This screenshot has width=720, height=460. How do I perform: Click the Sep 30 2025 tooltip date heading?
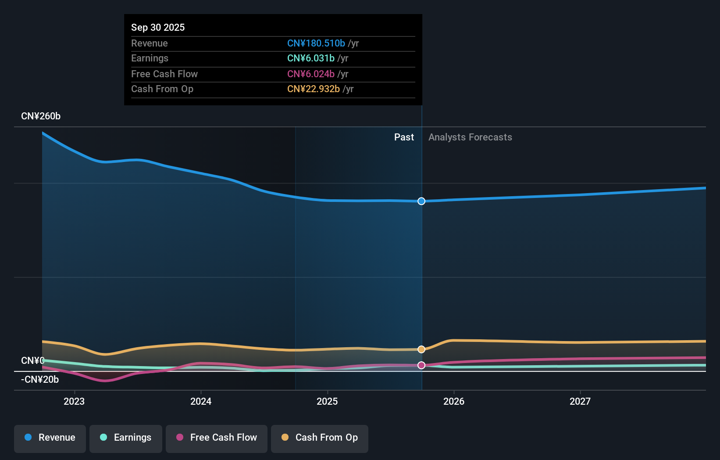click(x=158, y=27)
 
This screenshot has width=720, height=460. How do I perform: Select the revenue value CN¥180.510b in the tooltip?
click(x=316, y=43)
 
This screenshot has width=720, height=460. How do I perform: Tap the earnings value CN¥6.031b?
click(x=310, y=58)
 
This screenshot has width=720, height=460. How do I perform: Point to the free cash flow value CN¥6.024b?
click(x=310, y=74)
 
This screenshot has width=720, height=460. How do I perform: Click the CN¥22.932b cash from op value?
click(x=313, y=89)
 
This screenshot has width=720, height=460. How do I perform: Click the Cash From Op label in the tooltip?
click(x=162, y=89)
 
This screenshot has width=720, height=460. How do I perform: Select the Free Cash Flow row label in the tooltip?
click(x=164, y=74)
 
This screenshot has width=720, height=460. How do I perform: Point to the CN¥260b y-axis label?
click(x=41, y=116)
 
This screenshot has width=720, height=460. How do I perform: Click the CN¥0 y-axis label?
click(x=32, y=360)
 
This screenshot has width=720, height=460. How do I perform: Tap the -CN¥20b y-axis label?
click(x=40, y=379)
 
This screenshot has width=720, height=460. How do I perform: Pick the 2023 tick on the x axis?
click(x=74, y=401)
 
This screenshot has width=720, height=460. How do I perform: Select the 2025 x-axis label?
click(x=327, y=401)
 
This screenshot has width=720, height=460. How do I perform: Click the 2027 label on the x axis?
click(x=580, y=401)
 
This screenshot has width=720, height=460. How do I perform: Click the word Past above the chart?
click(x=404, y=137)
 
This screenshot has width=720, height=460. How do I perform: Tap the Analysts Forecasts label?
click(x=470, y=137)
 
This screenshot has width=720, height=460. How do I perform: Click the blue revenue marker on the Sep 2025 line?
click(x=421, y=201)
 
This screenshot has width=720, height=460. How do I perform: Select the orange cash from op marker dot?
click(x=421, y=349)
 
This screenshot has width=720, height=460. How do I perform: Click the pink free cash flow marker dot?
click(x=421, y=365)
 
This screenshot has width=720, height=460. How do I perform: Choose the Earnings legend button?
click(x=126, y=438)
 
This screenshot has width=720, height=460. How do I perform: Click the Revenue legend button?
click(x=50, y=438)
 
